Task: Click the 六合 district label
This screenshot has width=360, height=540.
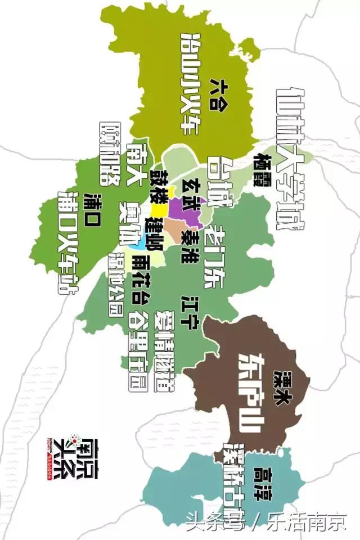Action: point(216,94)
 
